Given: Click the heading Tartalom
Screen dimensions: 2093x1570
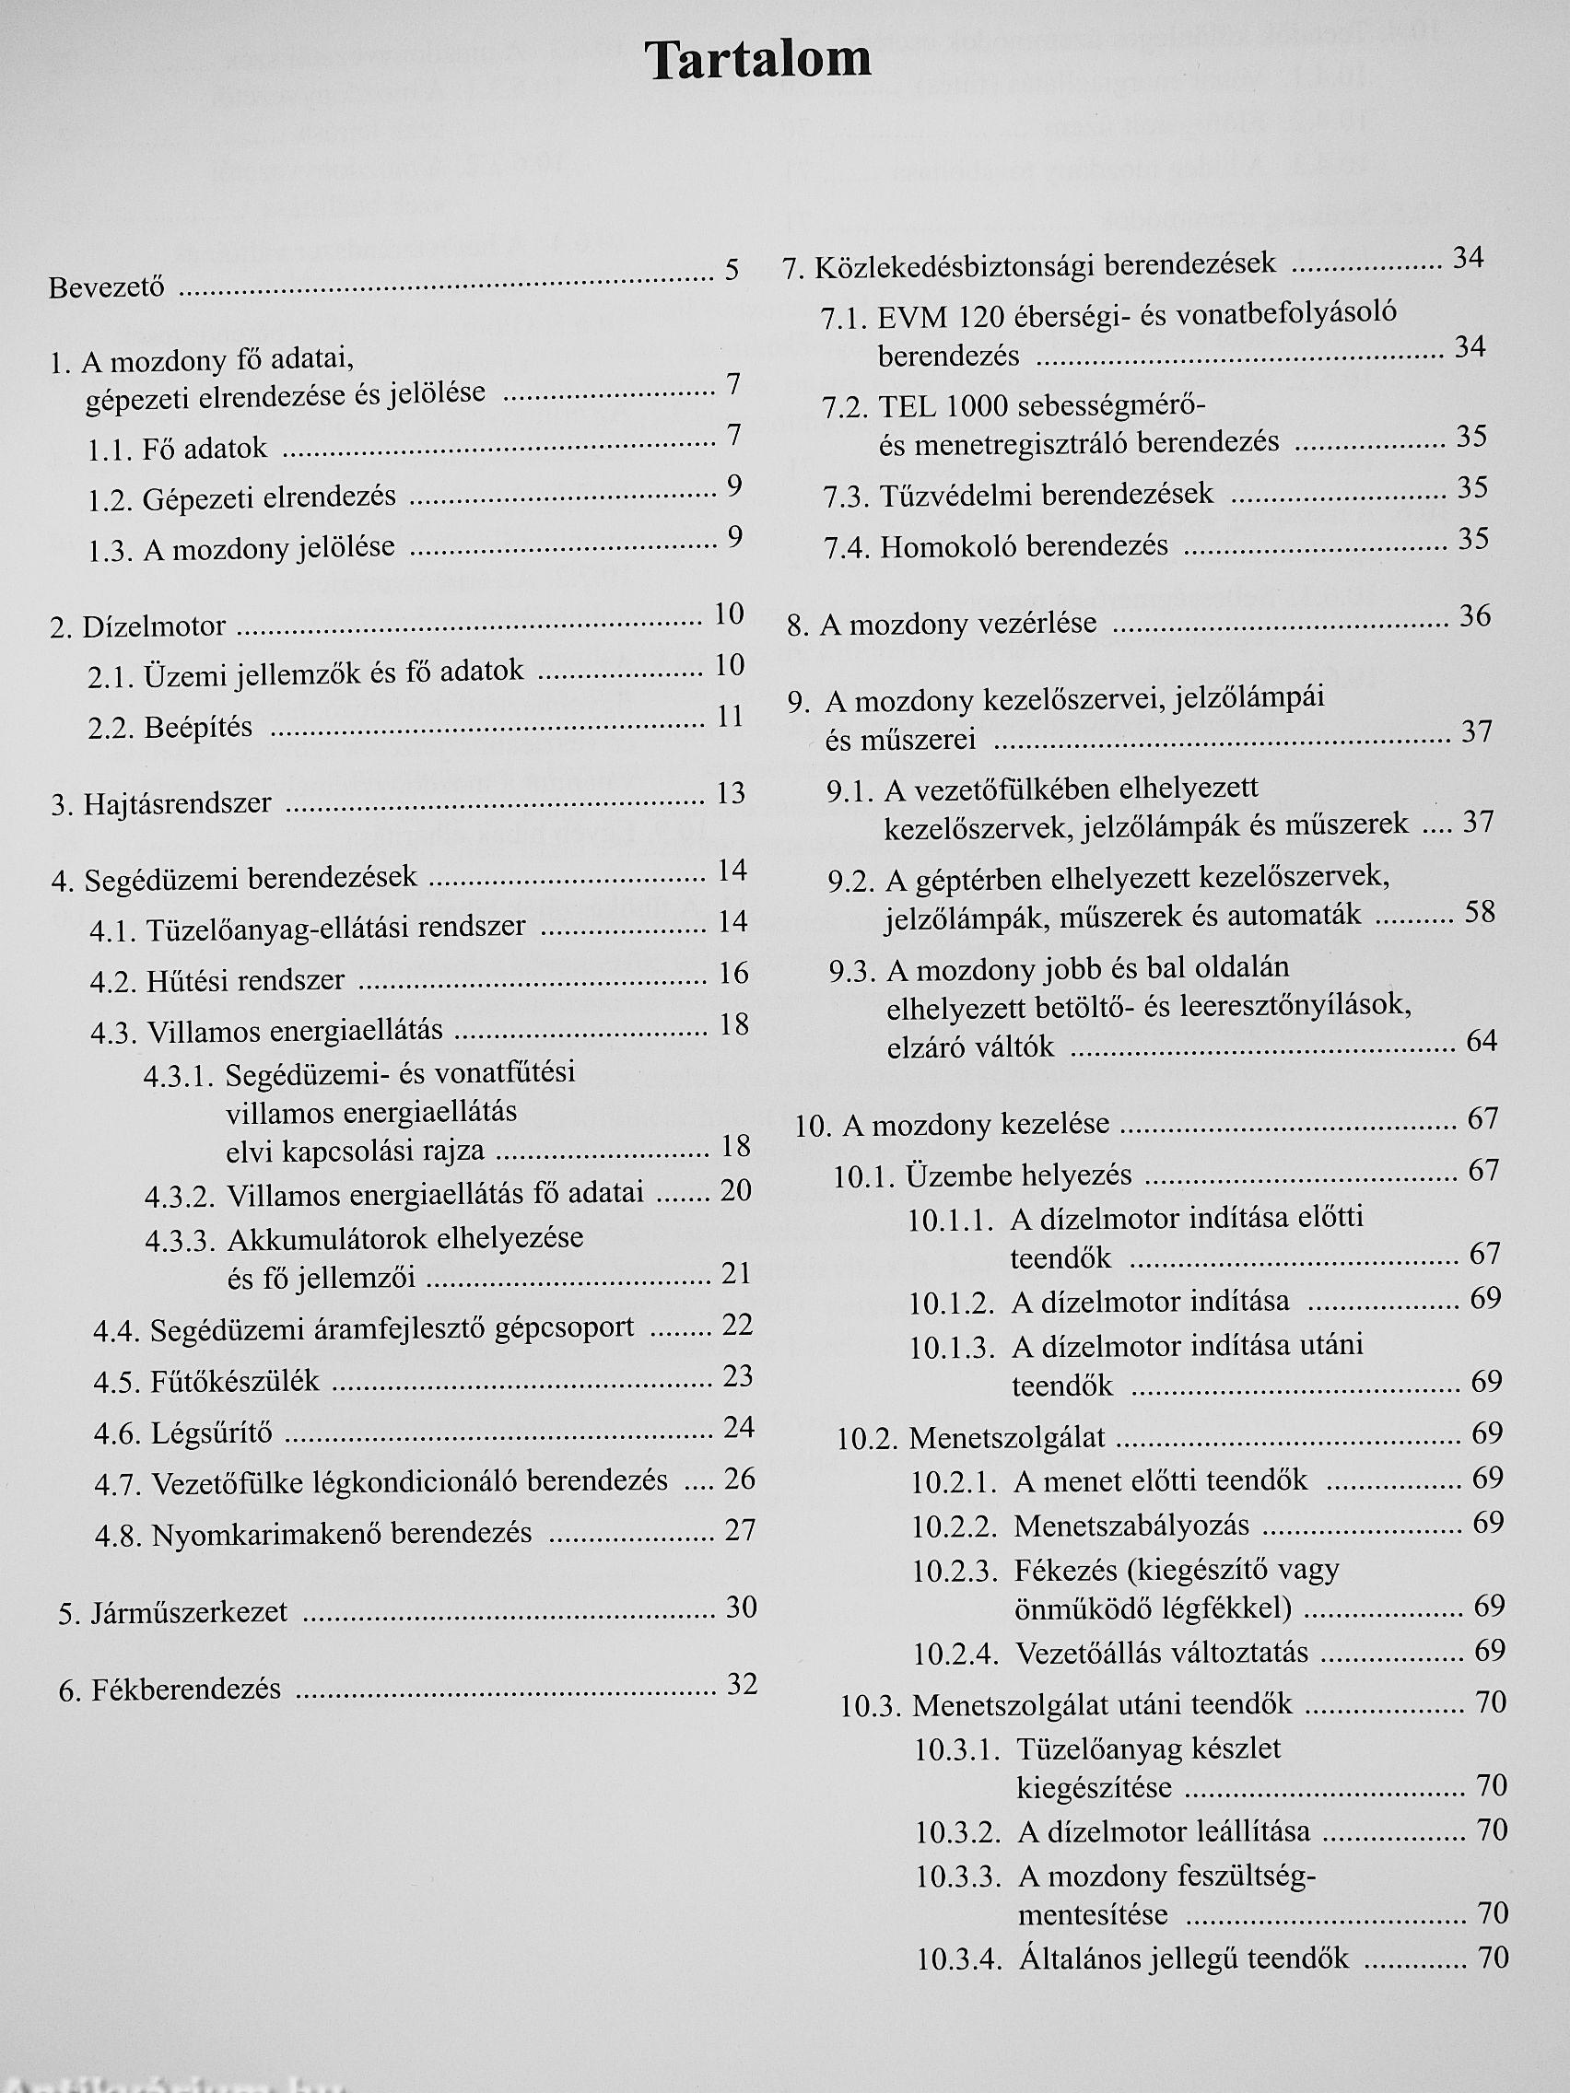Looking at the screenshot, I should (x=758, y=61).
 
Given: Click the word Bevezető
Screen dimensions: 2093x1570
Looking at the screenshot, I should (x=106, y=286).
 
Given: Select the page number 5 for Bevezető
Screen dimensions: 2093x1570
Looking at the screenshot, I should (x=732, y=271).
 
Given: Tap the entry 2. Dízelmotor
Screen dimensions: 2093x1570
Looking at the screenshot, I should (x=138, y=626).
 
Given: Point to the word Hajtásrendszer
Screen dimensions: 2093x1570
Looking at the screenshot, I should (x=177, y=804).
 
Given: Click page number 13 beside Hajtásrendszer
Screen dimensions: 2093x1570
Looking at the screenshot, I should (x=732, y=793).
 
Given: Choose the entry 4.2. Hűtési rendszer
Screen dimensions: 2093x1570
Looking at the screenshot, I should (x=217, y=980).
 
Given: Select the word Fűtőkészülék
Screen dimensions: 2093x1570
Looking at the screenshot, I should (x=235, y=1383).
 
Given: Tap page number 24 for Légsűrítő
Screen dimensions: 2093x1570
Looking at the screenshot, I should (x=738, y=1427).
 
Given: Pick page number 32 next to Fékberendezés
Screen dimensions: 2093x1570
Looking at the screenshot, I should (x=742, y=1684).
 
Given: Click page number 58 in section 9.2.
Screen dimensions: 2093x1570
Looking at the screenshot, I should (x=1479, y=912).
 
